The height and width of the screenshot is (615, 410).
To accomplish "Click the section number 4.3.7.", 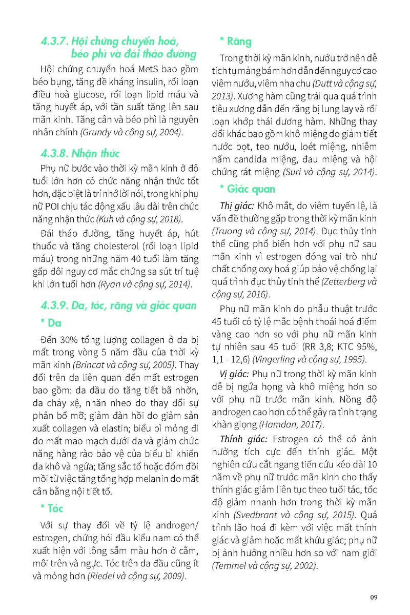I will pos(55,41).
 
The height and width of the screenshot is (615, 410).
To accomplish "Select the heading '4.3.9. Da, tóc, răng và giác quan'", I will pos(118,305).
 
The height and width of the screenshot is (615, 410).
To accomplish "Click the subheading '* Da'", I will pos(51,323).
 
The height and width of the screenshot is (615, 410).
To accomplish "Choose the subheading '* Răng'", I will pos(235,41).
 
